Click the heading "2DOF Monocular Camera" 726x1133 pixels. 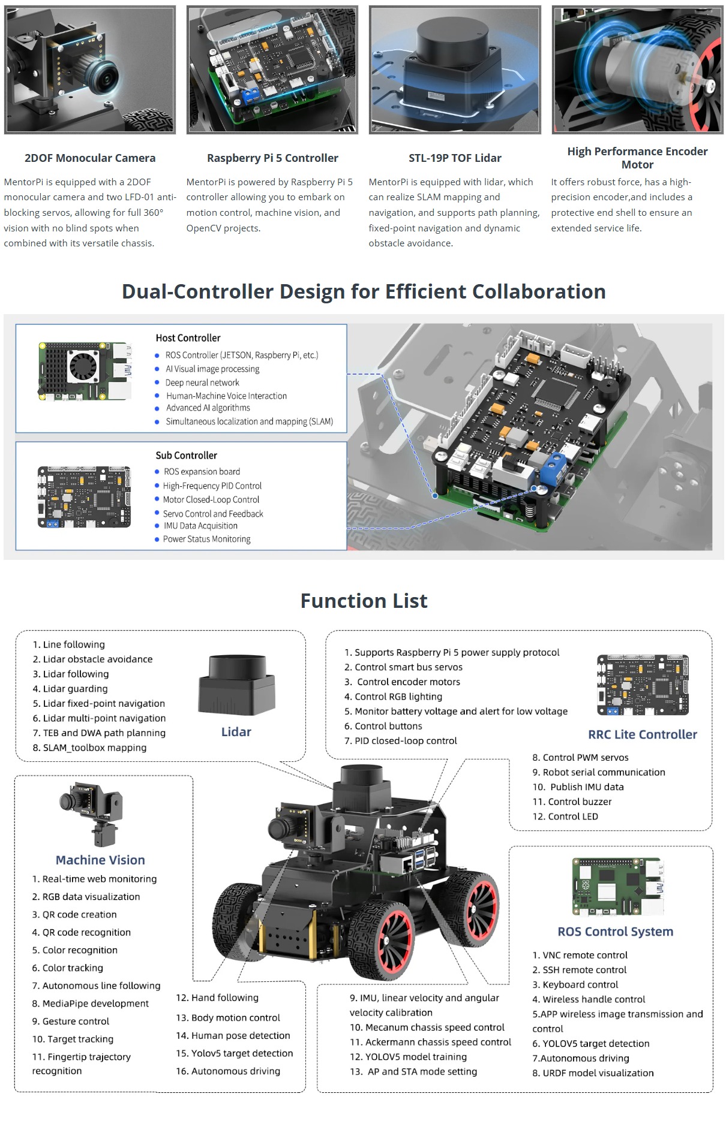90,158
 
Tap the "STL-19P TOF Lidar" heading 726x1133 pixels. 455,158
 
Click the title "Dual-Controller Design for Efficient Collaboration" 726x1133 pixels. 364,292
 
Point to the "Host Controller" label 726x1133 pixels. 188,338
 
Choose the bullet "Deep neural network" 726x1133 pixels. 202,382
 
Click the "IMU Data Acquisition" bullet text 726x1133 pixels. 200,526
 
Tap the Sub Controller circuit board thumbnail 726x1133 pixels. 84,497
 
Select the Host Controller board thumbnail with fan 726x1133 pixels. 85,371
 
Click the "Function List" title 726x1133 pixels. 364,601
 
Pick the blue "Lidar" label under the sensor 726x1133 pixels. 236,732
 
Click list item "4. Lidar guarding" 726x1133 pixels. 70,689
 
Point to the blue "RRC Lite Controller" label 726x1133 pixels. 642,735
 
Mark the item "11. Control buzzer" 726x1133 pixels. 572,801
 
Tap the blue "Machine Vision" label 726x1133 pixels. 100,860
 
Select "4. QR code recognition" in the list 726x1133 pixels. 81,932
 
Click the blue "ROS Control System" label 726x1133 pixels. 615,932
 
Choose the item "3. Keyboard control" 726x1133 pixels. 575,984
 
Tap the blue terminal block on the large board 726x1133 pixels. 552,468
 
